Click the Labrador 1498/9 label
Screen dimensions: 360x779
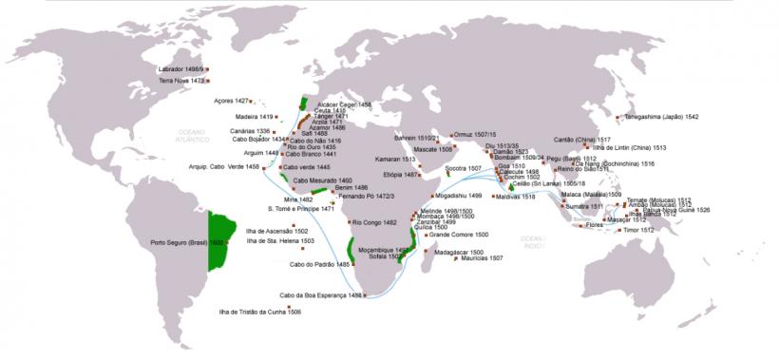[x=181, y=70]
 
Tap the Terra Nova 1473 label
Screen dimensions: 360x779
[x=182, y=81]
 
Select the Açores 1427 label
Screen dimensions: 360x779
[x=232, y=100]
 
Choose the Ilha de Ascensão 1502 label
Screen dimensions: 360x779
[x=276, y=231]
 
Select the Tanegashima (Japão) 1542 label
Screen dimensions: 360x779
[x=661, y=116]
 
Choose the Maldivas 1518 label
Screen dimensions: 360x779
[x=516, y=197]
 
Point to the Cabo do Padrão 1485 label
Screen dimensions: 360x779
[x=314, y=264]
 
